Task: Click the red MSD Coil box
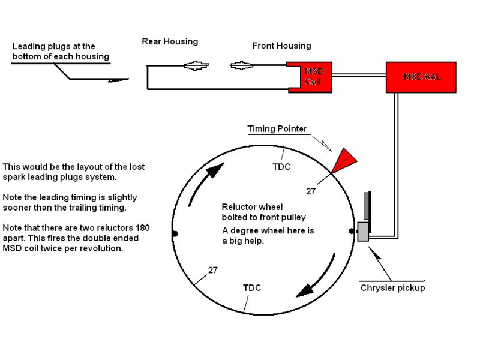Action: [x=312, y=77]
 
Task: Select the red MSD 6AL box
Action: [x=421, y=77]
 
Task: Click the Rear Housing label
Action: [x=170, y=41]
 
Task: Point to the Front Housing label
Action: [x=281, y=46]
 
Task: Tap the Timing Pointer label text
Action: [x=277, y=129]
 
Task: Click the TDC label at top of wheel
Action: [x=281, y=167]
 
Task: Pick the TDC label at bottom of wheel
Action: [x=252, y=288]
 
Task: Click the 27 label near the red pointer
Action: [x=311, y=192]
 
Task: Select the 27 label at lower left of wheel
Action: [x=213, y=270]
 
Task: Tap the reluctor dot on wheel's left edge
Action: [x=174, y=233]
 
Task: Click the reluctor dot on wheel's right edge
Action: [x=352, y=230]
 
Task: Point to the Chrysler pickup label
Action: [x=392, y=288]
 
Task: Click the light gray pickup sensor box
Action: [x=363, y=232]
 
